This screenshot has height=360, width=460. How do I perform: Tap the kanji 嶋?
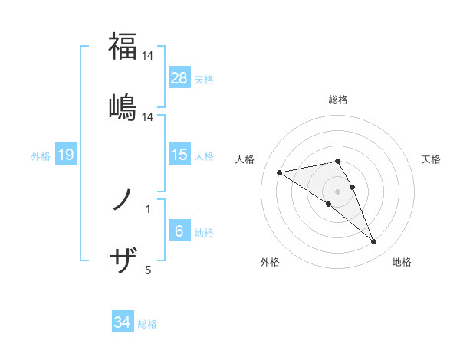(x=123, y=106)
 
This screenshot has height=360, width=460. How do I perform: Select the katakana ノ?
(x=122, y=200)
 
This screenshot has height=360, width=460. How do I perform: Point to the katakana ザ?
(x=123, y=261)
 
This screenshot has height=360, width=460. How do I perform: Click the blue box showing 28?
(x=179, y=77)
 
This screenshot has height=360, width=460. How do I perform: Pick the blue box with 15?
(x=179, y=155)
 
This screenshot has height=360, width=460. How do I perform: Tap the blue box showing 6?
(x=179, y=231)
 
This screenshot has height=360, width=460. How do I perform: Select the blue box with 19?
(x=66, y=155)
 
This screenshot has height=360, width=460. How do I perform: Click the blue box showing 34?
(x=123, y=322)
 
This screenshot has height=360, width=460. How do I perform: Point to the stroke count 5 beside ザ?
(x=148, y=270)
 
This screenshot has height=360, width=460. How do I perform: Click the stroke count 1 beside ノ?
(x=148, y=208)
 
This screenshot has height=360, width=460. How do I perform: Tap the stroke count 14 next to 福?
(x=148, y=56)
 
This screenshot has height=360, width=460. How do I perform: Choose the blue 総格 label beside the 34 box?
(x=148, y=324)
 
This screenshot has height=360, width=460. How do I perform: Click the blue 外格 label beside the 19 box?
(x=41, y=156)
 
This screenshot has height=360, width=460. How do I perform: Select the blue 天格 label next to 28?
(x=204, y=79)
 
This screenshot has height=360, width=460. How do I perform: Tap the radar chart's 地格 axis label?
(x=402, y=262)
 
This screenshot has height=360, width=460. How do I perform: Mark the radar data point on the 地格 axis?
(x=374, y=242)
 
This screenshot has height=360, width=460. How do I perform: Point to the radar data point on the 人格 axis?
(x=280, y=172)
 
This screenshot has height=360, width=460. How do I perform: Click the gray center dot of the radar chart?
(x=337, y=191)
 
